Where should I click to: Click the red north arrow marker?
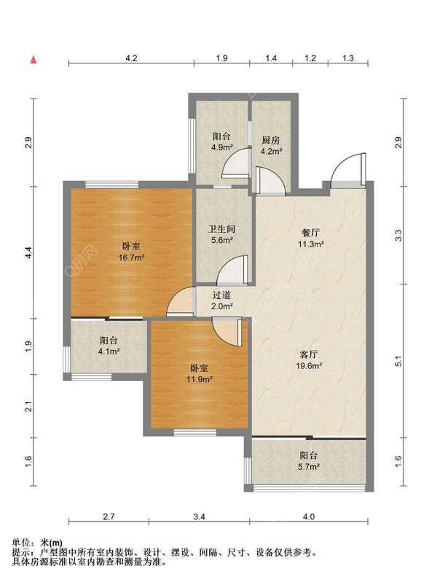click(x=34, y=60)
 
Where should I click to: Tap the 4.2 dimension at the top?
click(x=131, y=58)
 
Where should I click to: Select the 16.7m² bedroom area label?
click(x=132, y=257)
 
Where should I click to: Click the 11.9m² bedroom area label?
click(x=200, y=379)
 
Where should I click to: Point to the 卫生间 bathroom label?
click(x=222, y=229)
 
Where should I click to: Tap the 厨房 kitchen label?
click(x=270, y=140)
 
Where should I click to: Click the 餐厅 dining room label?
click(x=310, y=233)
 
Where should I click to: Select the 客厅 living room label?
click(x=309, y=354)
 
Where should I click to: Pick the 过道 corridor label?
click(x=222, y=295)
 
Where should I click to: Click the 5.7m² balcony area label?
click(x=309, y=466)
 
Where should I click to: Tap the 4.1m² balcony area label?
click(x=109, y=351)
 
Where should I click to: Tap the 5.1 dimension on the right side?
click(x=398, y=361)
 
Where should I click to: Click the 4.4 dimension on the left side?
click(x=28, y=252)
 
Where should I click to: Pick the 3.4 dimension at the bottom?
click(x=200, y=516)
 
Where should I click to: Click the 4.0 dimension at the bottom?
click(x=309, y=516)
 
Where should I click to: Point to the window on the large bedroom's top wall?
click(x=111, y=185)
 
